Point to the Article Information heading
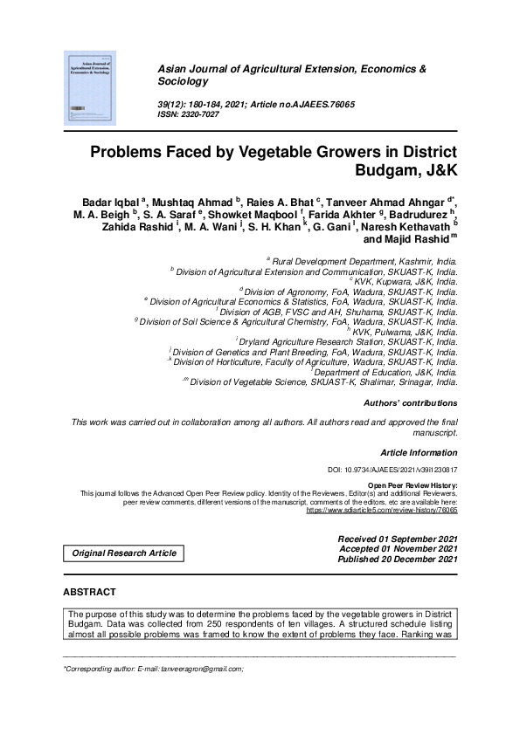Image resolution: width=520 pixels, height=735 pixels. [419, 452]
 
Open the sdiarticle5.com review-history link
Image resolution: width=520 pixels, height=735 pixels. [381, 509]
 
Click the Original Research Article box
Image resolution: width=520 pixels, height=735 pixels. [123, 553]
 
